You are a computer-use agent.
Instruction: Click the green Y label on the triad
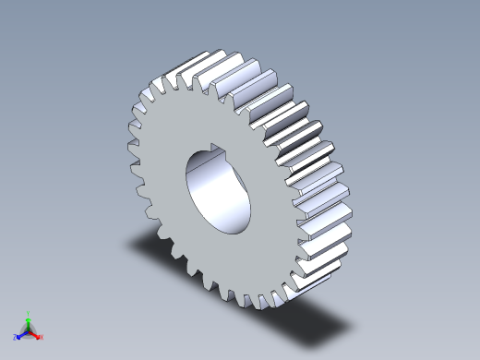tap(29, 313)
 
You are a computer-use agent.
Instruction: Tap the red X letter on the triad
tap(42, 338)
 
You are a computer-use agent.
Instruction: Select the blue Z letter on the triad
tap(16, 338)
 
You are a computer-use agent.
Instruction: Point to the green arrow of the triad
tap(29, 324)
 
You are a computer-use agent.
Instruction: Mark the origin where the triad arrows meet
tap(29, 332)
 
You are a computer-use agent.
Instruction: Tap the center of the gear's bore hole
tap(218, 189)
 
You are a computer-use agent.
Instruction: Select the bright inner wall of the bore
tap(208, 189)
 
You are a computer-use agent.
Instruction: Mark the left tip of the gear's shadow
tap(130, 242)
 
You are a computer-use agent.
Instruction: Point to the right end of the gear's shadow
tap(351, 327)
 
